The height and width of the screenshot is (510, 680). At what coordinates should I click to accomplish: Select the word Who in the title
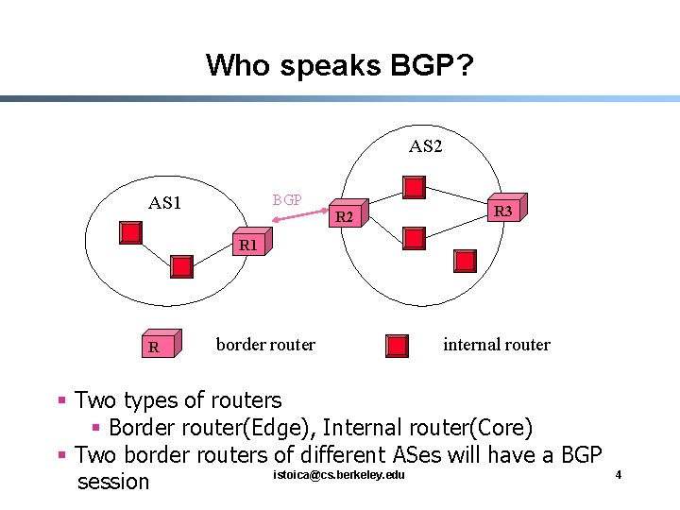click(229, 65)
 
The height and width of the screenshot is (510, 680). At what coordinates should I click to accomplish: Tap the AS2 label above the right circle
click(425, 146)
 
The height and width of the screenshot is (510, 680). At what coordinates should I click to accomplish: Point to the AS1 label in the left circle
click(165, 203)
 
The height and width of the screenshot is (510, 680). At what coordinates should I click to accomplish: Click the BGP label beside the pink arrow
click(287, 200)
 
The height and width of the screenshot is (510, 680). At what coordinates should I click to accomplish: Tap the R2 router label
click(346, 218)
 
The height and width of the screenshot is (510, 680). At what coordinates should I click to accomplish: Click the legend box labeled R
click(154, 347)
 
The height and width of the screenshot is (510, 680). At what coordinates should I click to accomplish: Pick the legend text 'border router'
click(265, 345)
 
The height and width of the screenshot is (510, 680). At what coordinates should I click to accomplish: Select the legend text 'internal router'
click(496, 345)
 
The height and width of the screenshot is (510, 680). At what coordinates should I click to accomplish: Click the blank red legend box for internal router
click(399, 347)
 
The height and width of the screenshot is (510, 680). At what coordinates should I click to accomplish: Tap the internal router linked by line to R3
click(414, 187)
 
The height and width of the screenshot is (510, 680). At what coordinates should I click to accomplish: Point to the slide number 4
click(618, 474)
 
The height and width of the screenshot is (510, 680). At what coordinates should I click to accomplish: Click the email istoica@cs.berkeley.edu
click(338, 474)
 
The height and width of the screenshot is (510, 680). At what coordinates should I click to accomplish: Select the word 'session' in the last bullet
click(112, 482)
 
